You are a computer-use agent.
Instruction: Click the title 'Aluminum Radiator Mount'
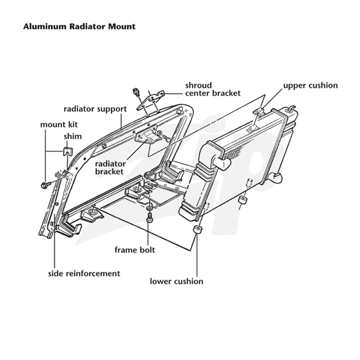click(x=79, y=27)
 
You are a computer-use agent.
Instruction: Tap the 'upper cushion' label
click(x=310, y=85)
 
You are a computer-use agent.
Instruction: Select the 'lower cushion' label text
click(x=176, y=282)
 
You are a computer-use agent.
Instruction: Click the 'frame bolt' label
click(x=135, y=250)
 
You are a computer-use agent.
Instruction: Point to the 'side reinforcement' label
click(x=84, y=274)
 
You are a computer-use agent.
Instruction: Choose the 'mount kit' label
click(x=59, y=125)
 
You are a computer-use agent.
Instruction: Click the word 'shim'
click(x=72, y=136)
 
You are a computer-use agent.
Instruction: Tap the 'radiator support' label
click(x=95, y=109)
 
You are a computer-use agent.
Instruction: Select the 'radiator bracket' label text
click(x=110, y=168)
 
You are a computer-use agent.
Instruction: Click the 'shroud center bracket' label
click(x=213, y=89)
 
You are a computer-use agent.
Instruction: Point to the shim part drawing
click(x=68, y=152)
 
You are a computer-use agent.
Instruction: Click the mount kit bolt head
click(x=44, y=185)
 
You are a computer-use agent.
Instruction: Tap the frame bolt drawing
click(x=149, y=217)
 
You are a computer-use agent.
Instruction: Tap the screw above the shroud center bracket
click(x=136, y=92)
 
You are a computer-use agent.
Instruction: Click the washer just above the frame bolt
click(x=149, y=208)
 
